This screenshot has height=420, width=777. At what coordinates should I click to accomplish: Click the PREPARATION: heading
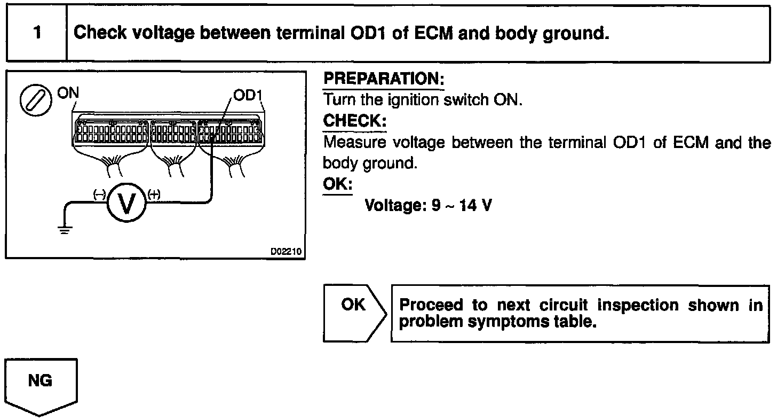pos(384,79)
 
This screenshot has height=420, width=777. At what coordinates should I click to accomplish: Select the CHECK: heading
pos(354,121)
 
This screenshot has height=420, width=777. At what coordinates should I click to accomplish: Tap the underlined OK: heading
pos(338,184)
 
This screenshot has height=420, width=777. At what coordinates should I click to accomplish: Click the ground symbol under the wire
pos(64,231)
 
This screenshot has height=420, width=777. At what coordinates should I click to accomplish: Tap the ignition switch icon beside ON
pos(32,100)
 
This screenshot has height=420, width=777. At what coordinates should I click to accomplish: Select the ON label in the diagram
pos(67,93)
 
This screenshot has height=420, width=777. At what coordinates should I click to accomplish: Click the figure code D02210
pos(286,250)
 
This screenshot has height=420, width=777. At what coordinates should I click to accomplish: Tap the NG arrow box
pos(41,384)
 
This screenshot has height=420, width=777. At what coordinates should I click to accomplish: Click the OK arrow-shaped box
pos(353,313)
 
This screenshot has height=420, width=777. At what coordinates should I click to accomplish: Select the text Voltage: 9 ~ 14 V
pos(427,205)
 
